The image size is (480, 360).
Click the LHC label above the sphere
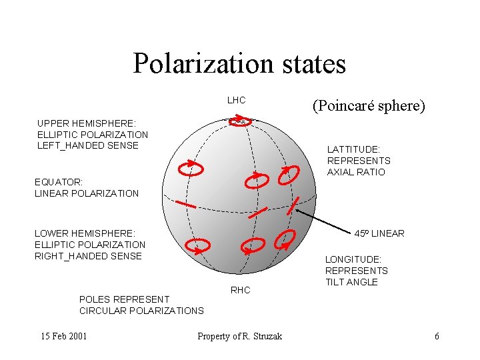[236, 101]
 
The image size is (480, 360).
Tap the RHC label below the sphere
[240, 290]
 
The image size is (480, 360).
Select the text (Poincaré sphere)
[368, 106]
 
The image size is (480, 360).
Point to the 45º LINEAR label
[379, 233]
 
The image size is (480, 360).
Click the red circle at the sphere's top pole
[244, 121]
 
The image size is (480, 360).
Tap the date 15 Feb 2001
[63, 336]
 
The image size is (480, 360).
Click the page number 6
[437, 336]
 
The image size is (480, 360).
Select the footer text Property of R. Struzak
[239, 336]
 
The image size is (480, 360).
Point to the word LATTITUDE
[353, 150]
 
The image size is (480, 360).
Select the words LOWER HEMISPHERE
[85, 233]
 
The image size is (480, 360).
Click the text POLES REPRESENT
[124, 299]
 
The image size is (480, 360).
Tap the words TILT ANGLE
[351, 282]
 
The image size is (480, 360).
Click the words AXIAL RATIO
[356, 173]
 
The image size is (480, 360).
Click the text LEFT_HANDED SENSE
[88, 145]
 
